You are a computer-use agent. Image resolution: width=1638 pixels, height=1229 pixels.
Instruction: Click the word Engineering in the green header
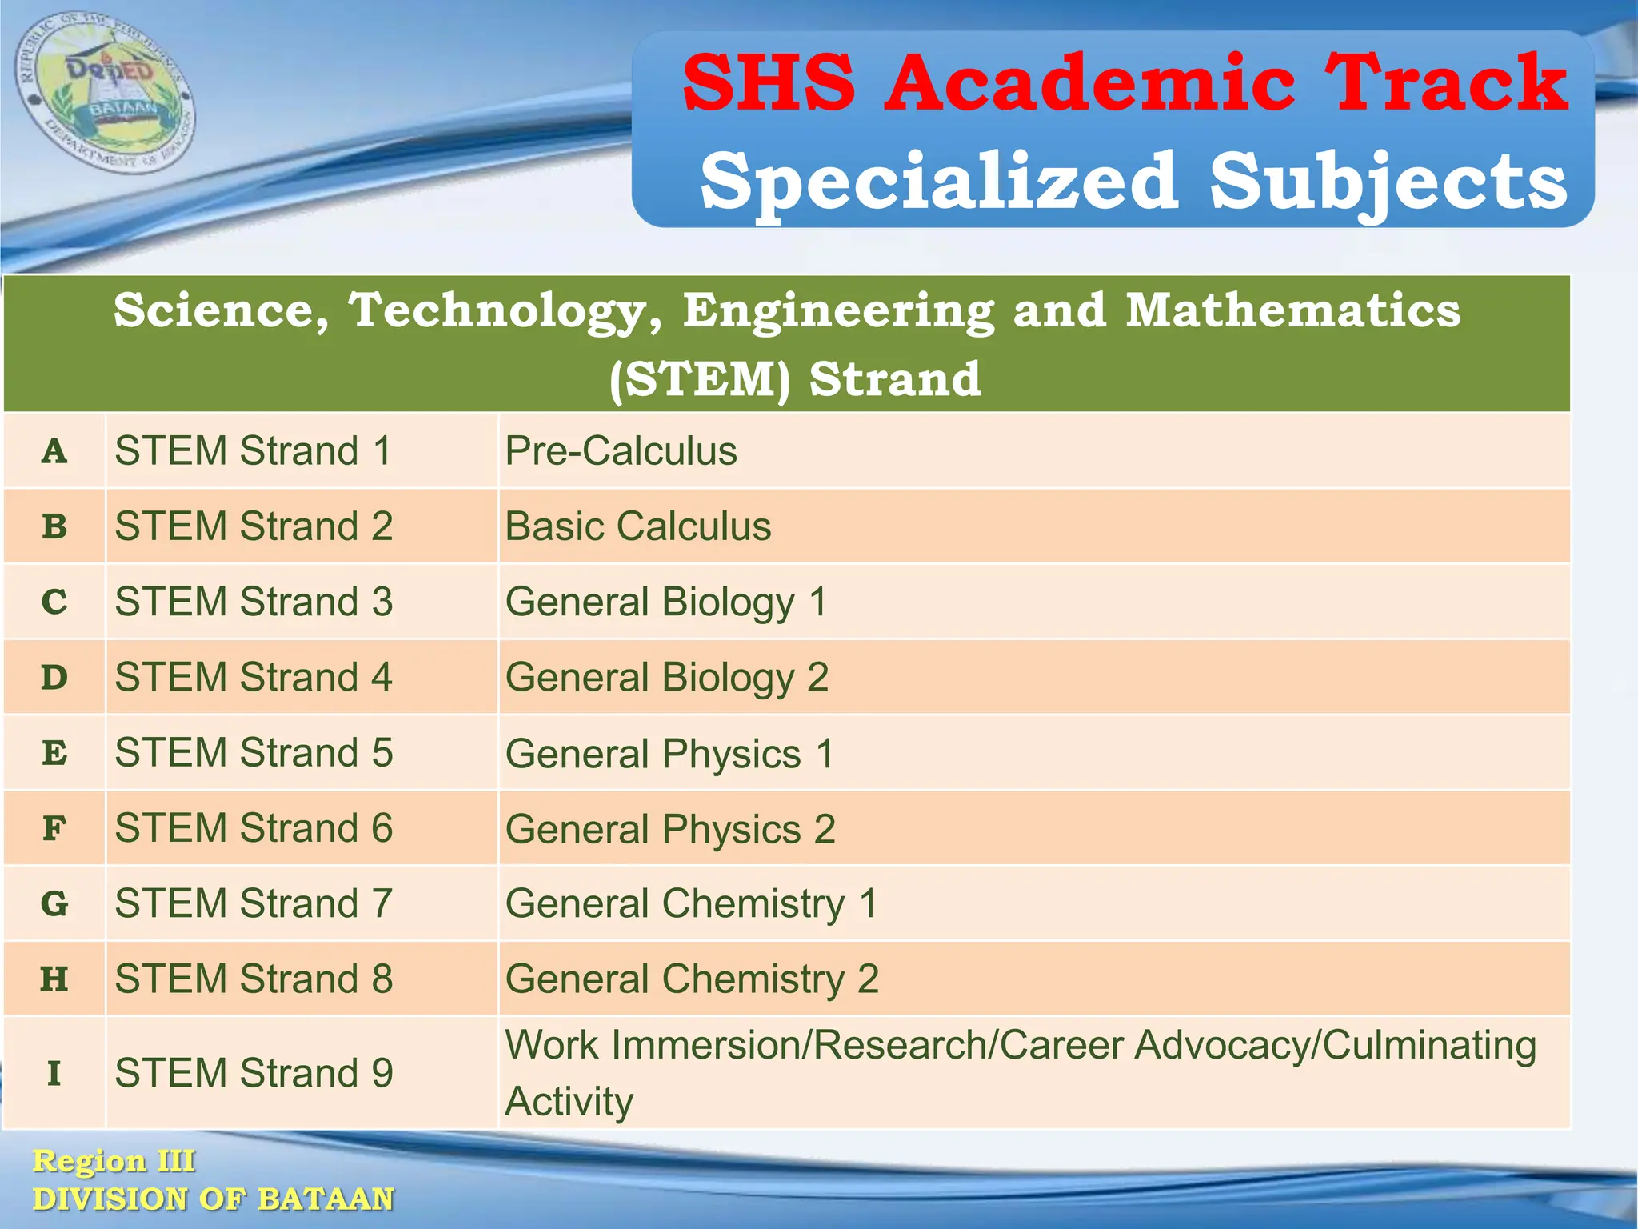coord(838,310)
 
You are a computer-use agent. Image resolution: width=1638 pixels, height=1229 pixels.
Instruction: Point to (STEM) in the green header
coord(699,378)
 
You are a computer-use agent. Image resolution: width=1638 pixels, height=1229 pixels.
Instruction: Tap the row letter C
coord(54,602)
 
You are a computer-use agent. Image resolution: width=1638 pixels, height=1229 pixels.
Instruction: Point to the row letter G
coord(54,904)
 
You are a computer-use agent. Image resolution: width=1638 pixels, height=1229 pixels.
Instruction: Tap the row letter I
coord(54,1073)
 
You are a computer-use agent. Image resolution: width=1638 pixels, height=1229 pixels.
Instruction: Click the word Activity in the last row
coord(569,1102)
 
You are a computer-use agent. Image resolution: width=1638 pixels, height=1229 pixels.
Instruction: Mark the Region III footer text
coord(114,1161)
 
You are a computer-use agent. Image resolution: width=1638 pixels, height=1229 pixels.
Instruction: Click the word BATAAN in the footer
coord(326,1199)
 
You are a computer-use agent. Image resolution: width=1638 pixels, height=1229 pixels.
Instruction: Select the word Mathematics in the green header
coord(1292,310)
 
